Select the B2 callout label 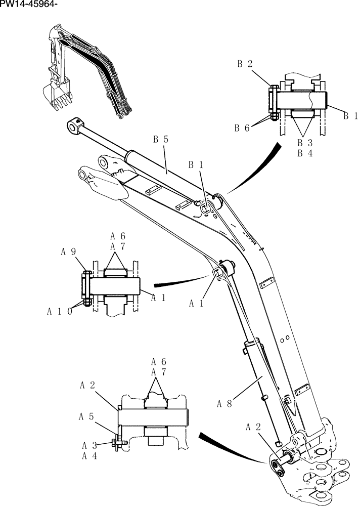click(245, 64)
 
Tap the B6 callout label click(242, 128)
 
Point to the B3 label click(305, 143)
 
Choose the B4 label click(305, 153)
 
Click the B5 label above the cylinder click(161, 139)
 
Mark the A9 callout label click(69, 250)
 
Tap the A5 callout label click(86, 417)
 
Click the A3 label click(90, 445)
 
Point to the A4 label click(90, 455)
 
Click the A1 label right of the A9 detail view click(159, 298)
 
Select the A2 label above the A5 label click(87, 385)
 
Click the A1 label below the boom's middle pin click(197, 303)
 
